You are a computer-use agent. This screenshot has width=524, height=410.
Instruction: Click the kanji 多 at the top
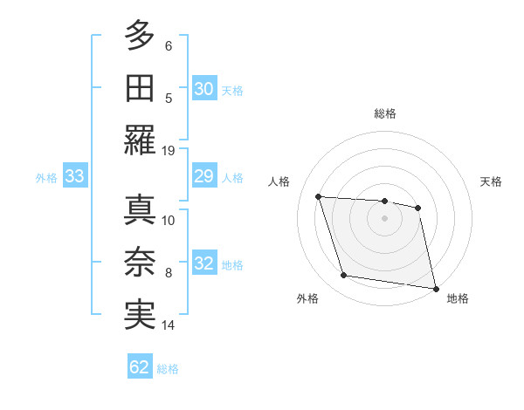click(139, 37)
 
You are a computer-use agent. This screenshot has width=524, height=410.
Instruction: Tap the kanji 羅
click(139, 140)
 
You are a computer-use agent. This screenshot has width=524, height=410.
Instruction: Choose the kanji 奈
click(139, 263)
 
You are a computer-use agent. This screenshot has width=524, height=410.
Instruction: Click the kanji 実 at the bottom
click(139, 315)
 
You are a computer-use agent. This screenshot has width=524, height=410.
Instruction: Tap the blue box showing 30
click(203, 88)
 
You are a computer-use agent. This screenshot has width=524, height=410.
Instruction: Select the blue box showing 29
click(203, 177)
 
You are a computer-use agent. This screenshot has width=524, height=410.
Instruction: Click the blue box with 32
click(203, 264)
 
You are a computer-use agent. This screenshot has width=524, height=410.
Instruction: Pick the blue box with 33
click(74, 177)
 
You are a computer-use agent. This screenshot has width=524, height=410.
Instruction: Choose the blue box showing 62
click(140, 367)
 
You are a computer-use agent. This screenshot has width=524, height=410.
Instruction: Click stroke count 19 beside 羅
click(169, 150)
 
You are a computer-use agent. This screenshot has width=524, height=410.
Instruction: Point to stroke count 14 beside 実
click(169, 325)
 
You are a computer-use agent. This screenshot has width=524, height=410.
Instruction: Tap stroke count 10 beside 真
click(169, 220)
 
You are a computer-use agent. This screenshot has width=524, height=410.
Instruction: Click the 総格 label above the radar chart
click(385, 113)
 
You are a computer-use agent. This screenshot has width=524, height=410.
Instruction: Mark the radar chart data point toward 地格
click(434, 287)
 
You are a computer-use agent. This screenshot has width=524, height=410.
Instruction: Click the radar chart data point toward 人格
click(319, 197)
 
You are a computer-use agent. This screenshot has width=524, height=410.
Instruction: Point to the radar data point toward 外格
click(344, 276)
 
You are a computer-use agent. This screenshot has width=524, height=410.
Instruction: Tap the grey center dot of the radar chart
click(384, 218)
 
